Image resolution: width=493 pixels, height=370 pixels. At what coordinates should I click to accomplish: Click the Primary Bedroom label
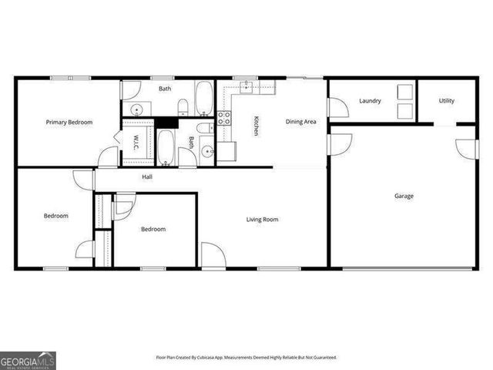click(x=69, y=123)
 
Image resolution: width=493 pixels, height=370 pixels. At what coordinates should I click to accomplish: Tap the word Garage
click(x=404, y=196)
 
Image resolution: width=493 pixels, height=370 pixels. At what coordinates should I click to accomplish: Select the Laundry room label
click(x=370, y=101)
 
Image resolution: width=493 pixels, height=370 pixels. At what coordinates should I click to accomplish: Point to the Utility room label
click(x=447, y=101)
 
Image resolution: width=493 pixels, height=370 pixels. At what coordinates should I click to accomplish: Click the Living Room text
click(x=262, y=220)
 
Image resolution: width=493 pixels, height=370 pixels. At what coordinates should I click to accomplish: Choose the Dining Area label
click(x=301, y=122)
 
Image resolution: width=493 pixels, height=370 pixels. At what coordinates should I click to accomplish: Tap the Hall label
click(x=147, y=177)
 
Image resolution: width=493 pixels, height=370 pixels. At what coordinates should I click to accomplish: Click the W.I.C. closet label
click(x=135, y=142)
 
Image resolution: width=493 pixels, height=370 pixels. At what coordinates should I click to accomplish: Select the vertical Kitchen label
click(x=256, y=126)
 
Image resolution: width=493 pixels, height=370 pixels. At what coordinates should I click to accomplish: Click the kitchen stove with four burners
click(x=225, y=118)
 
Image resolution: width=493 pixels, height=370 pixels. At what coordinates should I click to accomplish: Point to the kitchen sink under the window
click(x=248, y=86)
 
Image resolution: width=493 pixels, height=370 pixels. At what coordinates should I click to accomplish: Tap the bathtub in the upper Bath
click(x=205, y=99)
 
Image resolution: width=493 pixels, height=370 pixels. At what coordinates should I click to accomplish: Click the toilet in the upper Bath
click(x=183, y=106)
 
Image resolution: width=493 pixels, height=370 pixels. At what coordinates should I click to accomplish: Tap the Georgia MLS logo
click(x=28, y=360)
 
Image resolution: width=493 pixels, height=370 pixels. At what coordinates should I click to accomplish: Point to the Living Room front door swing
click(x=213, y=255)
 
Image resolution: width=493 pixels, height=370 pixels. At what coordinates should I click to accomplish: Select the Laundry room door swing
click(x=338, y=107)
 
